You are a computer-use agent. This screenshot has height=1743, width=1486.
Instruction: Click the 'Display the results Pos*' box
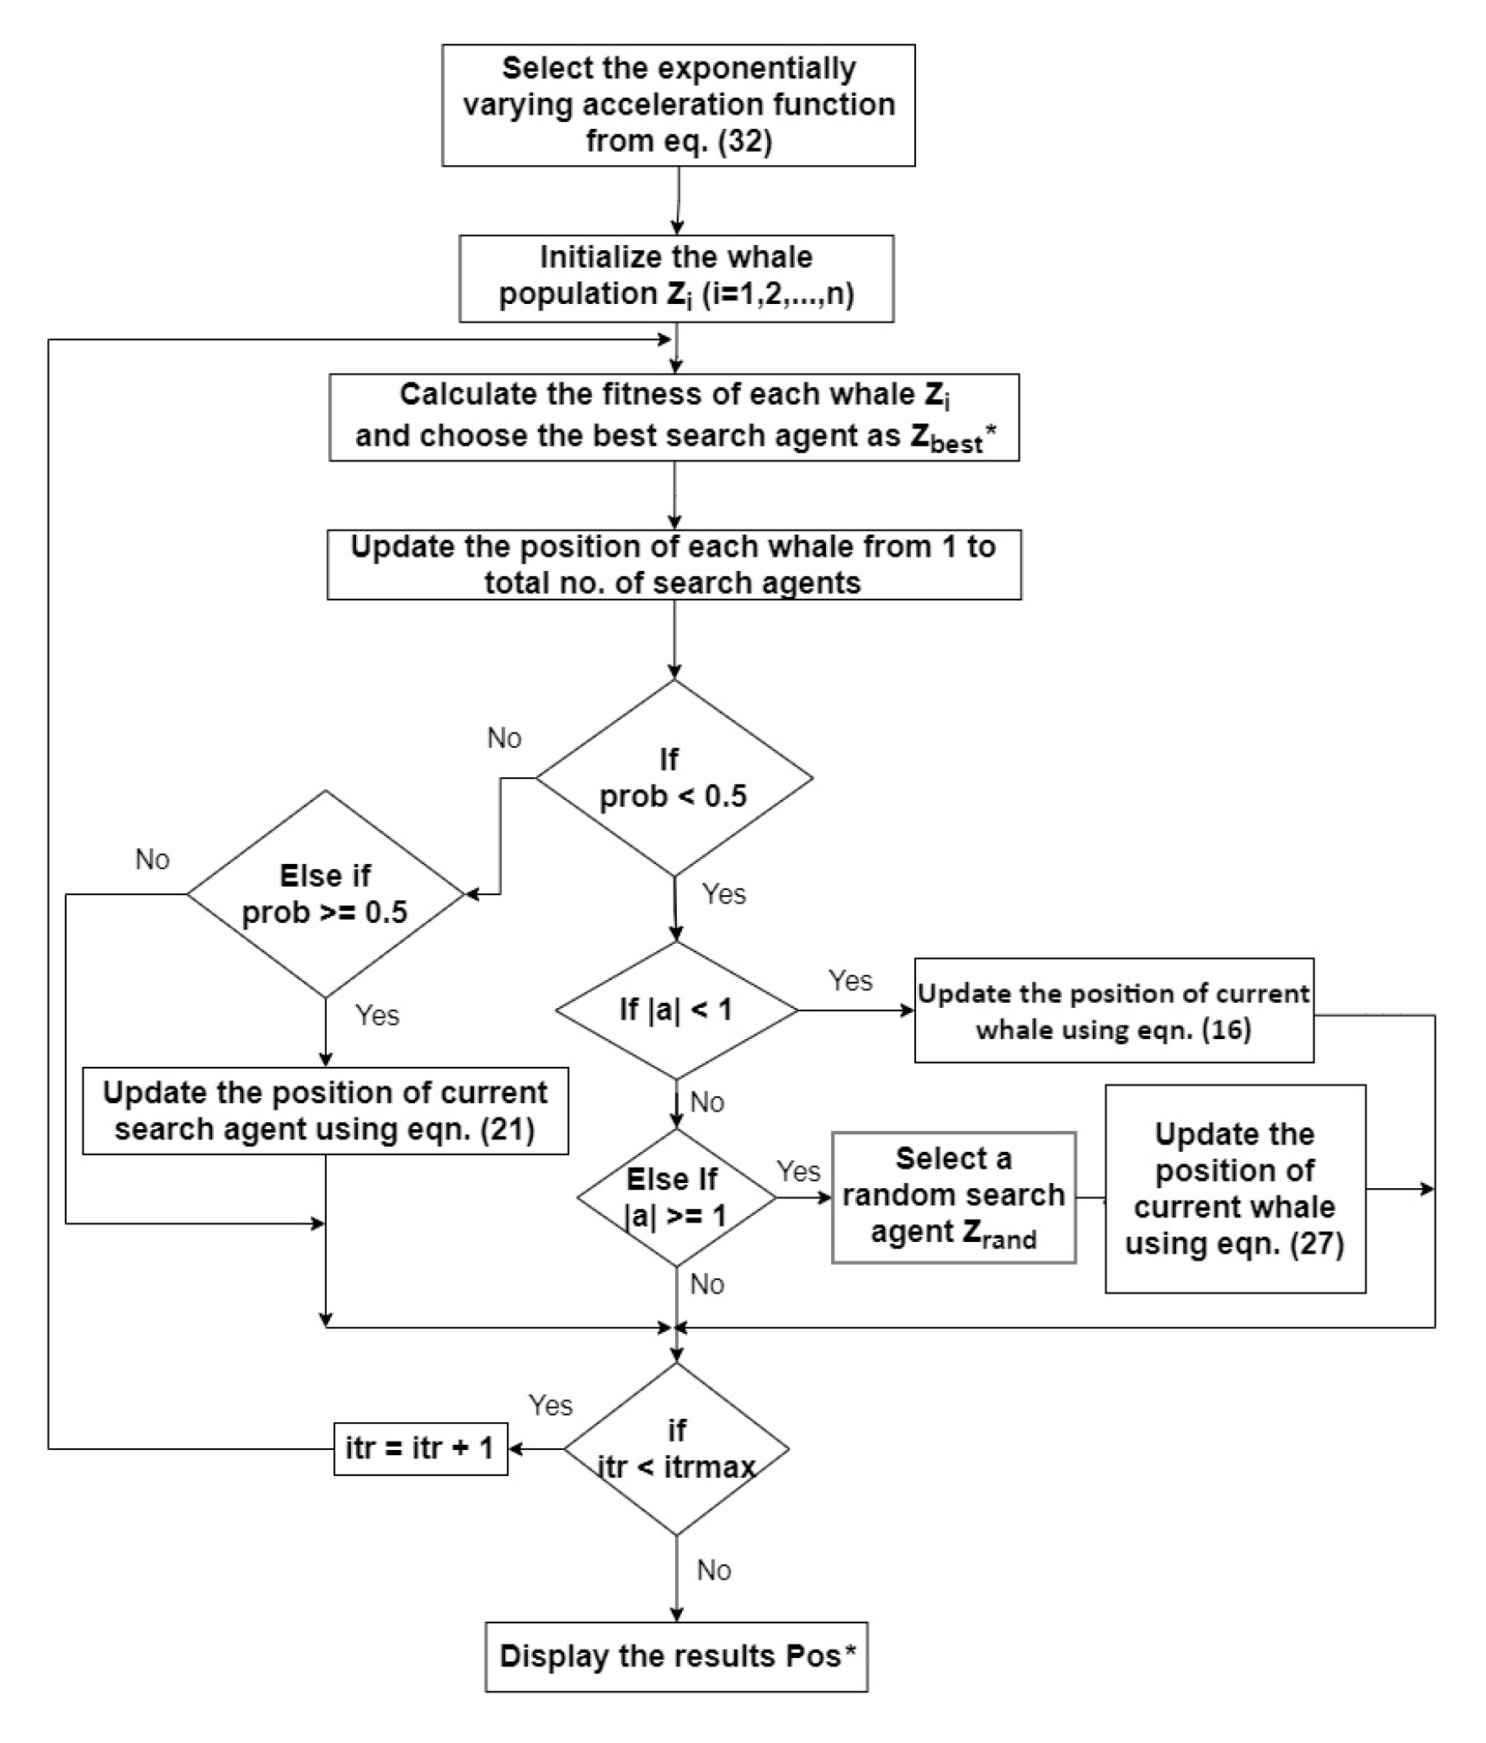click(676, 1656)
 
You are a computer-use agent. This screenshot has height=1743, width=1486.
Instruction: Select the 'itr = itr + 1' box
click(420, 1448)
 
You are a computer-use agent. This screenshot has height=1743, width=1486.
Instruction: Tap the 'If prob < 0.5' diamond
click(674, 778)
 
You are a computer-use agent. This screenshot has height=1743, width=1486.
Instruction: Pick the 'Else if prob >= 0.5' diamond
click(325, 894)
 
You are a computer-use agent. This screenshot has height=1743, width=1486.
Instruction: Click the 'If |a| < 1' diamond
click(676, 1010)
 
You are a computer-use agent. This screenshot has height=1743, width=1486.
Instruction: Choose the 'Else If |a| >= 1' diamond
click(675, 1197)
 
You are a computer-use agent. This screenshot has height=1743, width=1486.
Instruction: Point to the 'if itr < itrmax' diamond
click(676, 1449)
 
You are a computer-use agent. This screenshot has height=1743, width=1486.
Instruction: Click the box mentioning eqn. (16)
click(1113, 1010)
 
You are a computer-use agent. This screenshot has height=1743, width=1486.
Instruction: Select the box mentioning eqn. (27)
click(1234, 1189)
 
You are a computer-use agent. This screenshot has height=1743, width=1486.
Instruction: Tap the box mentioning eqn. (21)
click(325, 1111)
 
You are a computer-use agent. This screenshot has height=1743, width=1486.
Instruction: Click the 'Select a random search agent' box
click(953, 1197)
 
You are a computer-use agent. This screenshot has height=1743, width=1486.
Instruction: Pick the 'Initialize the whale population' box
click(676, 278)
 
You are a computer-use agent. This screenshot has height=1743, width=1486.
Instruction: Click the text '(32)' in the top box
click(744, 141)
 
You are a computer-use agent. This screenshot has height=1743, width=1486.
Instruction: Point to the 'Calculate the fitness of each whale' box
click(674, 417)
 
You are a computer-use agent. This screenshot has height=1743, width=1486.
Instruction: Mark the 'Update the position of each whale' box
click(674, 564)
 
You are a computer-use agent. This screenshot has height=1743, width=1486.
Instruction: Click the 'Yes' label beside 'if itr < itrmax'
click(551, 1405)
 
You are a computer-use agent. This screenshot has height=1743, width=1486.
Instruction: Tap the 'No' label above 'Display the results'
click(714, 1570)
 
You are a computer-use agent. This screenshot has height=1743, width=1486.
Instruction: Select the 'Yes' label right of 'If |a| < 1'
click(850, 980)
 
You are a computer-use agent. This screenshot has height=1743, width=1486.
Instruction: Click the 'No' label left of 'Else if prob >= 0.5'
click(152, 859)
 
